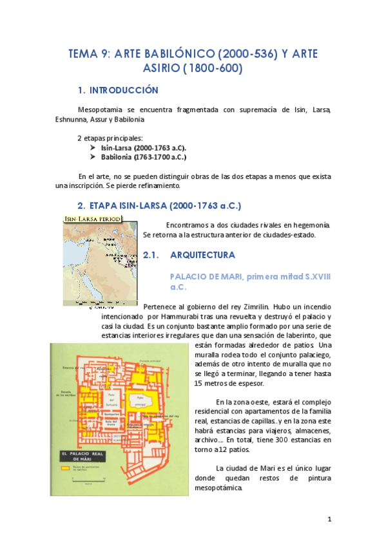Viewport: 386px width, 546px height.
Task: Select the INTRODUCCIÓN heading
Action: click(x=124, y=90)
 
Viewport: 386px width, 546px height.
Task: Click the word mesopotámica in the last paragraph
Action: click(x=218, y=487)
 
